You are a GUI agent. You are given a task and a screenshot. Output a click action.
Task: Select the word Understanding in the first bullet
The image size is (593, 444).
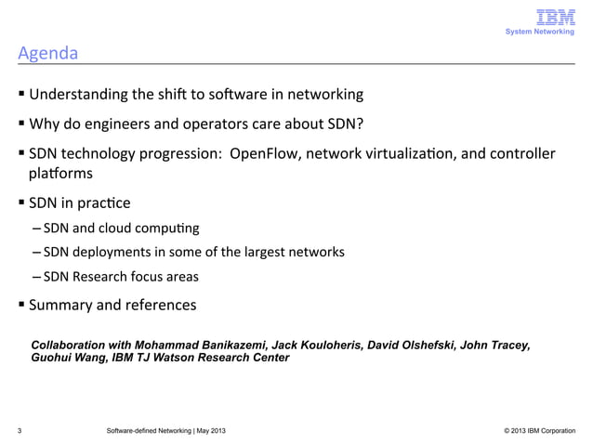81,95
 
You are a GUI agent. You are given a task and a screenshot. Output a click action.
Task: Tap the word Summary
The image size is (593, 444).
60,305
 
